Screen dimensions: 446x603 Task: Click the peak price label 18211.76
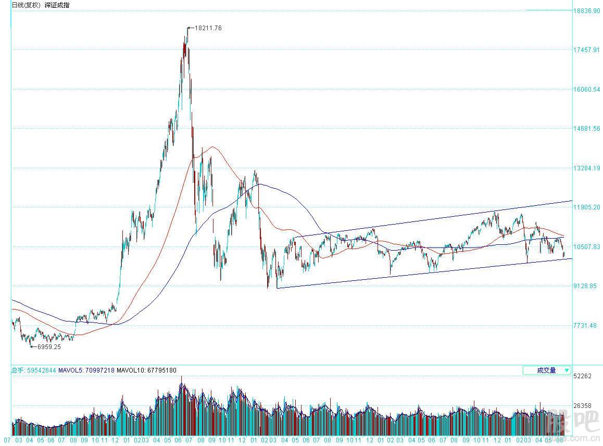[x=208, y=28]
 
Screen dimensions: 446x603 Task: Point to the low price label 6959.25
[x=46, y=346]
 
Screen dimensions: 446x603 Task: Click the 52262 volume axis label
[x=582, y=376]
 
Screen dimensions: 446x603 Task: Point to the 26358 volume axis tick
[x=582, y=406]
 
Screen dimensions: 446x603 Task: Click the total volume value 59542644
[x=40, y=370]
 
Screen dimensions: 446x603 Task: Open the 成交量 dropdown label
[x=546, y=370]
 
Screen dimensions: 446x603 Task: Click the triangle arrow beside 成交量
[x=566, y=370]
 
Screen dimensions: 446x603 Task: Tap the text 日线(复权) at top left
[x=26, y=5]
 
